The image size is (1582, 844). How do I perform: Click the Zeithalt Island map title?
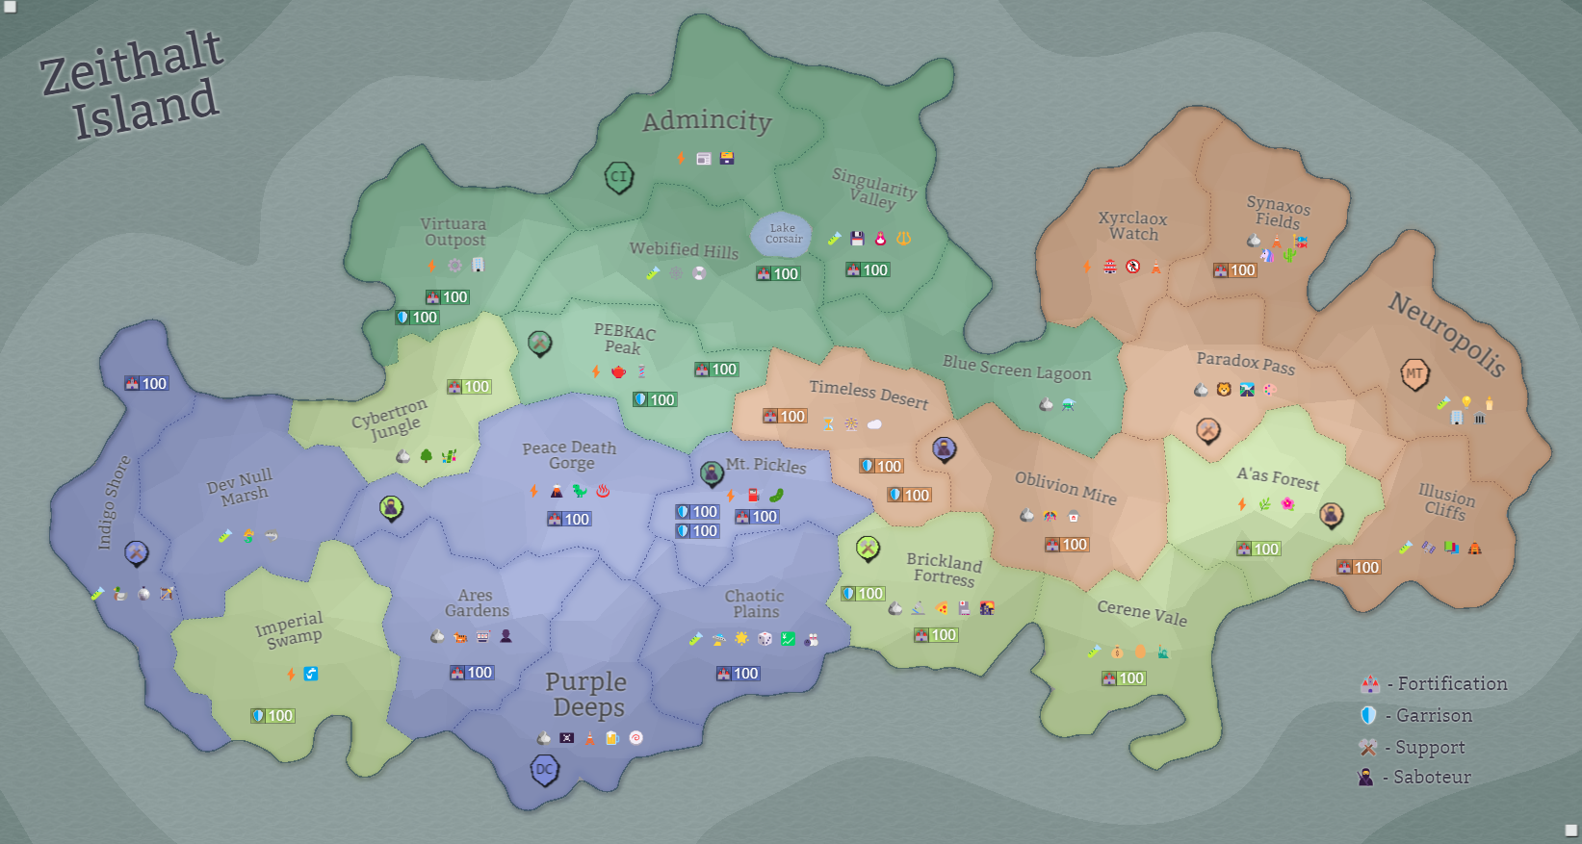(133, 85)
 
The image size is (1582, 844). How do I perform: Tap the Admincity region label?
(707, 120)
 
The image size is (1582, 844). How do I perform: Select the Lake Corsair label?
(783, 234)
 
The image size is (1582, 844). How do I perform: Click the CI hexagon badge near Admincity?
(618, 177)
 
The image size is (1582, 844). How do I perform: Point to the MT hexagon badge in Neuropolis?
(1413, 374)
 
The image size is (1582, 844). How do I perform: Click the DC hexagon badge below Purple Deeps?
(545, 770)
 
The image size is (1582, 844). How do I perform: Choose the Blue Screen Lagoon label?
(1016, 368)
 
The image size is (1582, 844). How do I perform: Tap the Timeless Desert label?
(868, 393)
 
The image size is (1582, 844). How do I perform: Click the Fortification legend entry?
(1435, 684)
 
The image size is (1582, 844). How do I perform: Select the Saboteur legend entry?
(1415, 777)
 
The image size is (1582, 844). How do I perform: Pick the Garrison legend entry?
(1416, 715)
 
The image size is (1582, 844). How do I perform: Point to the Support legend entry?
(1413, 747)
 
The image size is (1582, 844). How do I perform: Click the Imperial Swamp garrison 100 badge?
(272, 716)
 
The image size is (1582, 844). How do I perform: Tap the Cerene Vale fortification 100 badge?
(1124, 678)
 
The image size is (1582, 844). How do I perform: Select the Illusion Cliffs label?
(1445, 502)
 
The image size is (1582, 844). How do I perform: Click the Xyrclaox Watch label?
(1132, 226)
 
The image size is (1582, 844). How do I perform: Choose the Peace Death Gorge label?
(569, 454)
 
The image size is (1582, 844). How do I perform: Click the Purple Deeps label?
(586, 694)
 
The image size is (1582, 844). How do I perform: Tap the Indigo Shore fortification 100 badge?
(146, 383)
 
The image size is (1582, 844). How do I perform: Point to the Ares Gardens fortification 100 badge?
(472, 673)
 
